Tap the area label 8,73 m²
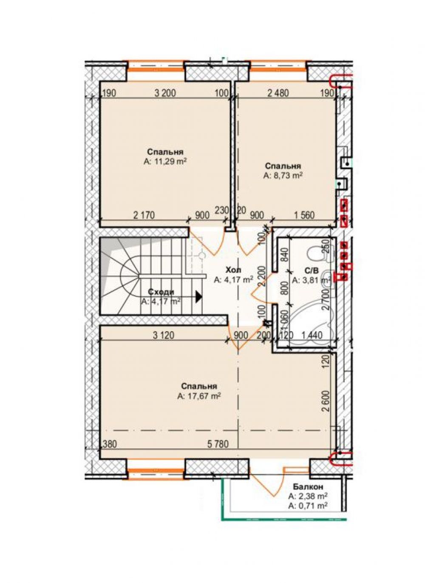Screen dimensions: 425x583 (x=283, y=176)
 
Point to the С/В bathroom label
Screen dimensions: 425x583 (x=312, y=271)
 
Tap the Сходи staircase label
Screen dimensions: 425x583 (x=161, y=292)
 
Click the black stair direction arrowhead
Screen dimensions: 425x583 (x=199, y=296)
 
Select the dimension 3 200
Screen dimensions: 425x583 (x=165, y=93)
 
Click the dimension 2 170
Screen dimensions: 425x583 (x=144, y=215)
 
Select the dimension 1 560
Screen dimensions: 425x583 (x=304, y=215)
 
